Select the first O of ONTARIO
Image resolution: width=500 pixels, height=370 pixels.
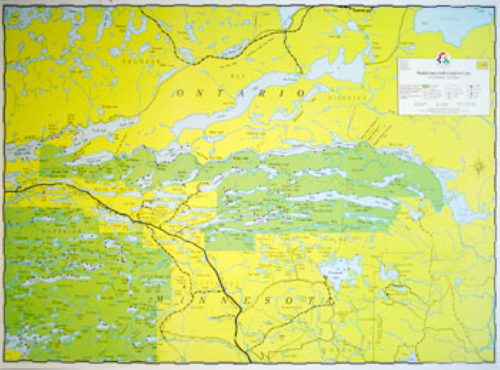(181, 93)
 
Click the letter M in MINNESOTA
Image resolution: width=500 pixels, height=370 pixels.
(160, 299)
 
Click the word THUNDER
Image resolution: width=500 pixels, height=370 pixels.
(142, 61)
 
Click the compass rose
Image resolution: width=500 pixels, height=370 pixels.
(479, 165)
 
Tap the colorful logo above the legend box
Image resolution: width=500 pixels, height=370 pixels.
(443, 59)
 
